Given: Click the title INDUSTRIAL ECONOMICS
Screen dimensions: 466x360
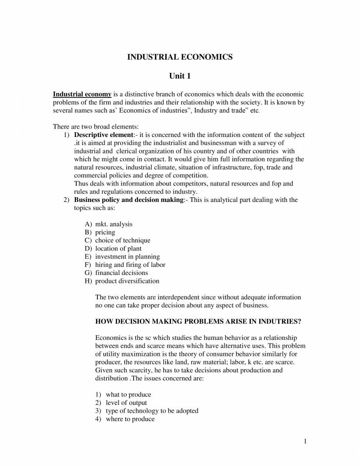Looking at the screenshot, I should click(180, 57).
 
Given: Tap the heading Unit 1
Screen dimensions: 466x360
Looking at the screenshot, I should click(180, 76).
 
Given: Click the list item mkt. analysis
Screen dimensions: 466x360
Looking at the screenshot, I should click(113, 224).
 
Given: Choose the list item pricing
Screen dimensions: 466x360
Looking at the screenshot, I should click(105, 232).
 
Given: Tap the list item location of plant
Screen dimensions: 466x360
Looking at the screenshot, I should click(118, 248).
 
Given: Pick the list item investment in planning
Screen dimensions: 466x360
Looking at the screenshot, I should click(127, 257).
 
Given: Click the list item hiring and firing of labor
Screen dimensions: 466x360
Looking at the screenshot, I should click(130, 265).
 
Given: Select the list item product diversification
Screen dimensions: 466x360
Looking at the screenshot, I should click(127, 281).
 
